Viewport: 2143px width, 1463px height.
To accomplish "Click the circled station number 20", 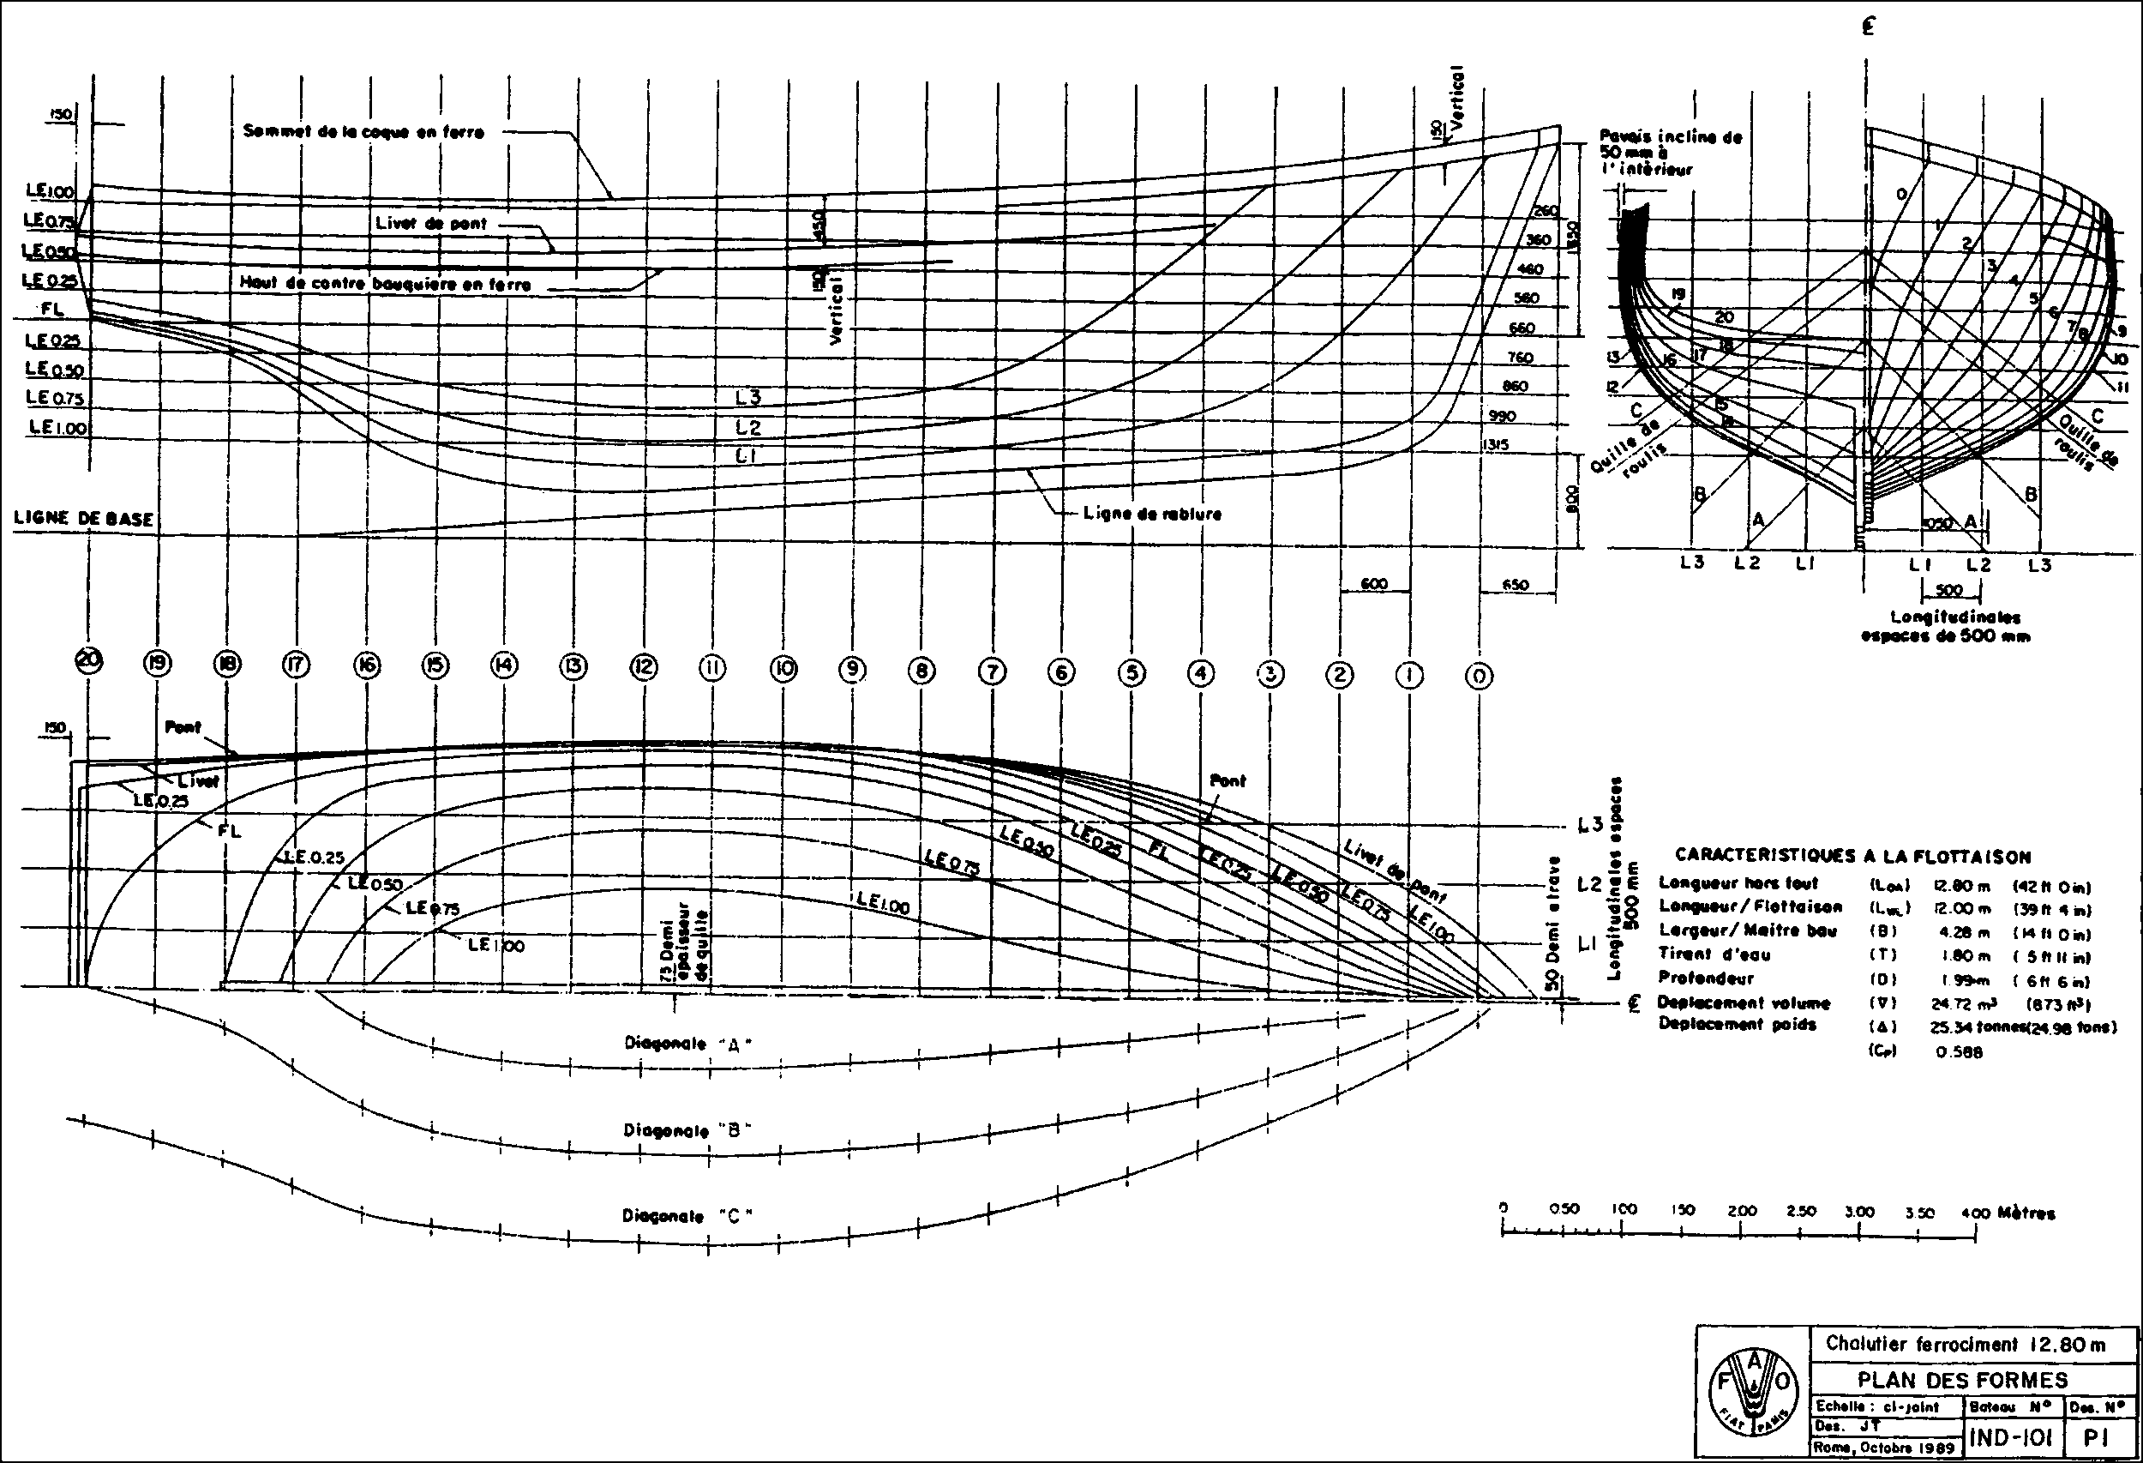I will click(89, 660).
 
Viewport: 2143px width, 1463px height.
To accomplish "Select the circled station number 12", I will click(644, 666).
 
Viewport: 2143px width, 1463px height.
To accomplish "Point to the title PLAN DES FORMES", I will click(1962, 1380).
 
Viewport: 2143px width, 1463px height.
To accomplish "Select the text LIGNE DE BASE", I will click(83, 519).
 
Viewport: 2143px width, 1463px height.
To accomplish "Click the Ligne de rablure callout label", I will click(1153, 514).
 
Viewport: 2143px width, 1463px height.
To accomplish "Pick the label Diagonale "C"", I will click(687, 1216).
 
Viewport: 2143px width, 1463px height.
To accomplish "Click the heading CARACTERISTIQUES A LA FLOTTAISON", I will click(1852, 856).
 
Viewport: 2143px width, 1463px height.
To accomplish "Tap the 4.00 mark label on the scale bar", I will click(1976, 1213).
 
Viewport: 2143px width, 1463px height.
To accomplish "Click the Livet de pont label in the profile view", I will click(430, 223).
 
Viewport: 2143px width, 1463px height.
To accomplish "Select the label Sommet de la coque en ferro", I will click(363, 132).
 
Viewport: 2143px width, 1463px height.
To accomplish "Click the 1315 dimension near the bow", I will click(1495, 444).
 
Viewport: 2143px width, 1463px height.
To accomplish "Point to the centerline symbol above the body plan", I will click(1867, 27).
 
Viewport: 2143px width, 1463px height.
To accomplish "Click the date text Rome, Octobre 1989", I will click(1884, 1448).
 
